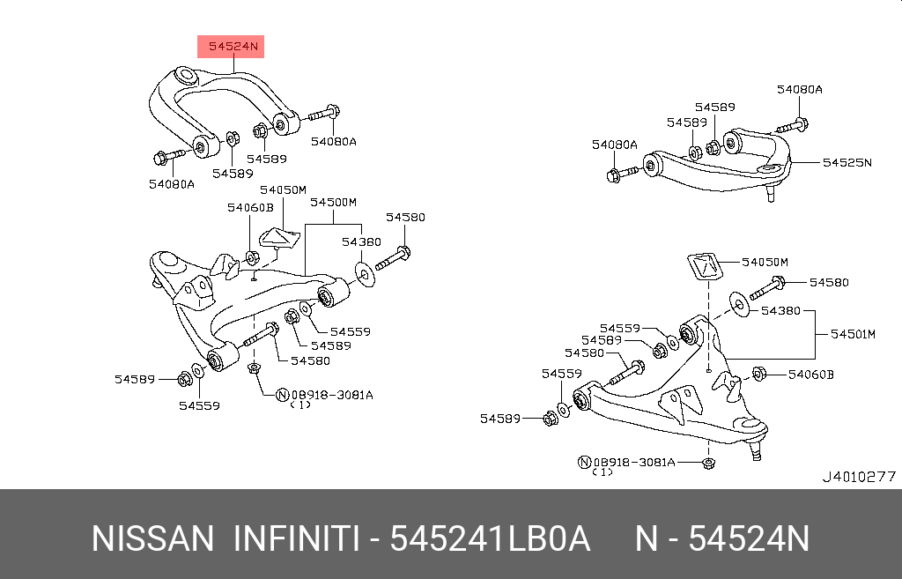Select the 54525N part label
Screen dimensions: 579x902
click(847, 162)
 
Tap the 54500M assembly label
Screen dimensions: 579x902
click(332, 202)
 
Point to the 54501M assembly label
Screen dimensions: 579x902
click(854, 334)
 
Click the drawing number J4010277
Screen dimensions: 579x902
click(858, 477)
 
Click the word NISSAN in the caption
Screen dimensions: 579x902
click(152, 538)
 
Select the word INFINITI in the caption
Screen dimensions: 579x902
click(294, 538)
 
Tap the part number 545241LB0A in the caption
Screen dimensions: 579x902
click(489, 538)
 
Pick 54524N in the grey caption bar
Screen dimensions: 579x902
click(748, 538)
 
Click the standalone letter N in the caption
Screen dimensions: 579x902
click(647, 538)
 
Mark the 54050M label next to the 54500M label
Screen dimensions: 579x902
click(283, 189)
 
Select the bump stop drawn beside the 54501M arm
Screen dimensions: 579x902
click(702, 267)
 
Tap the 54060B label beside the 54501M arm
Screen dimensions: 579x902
click(810, 375)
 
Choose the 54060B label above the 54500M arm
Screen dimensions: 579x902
click(250, 207)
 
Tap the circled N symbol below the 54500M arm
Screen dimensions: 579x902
click(284, 395)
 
